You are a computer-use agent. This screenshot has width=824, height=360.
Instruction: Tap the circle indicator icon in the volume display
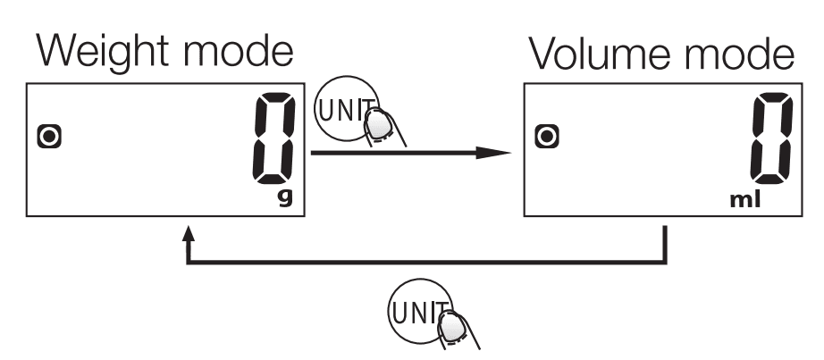pyautogui.click(x=544, y=136)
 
